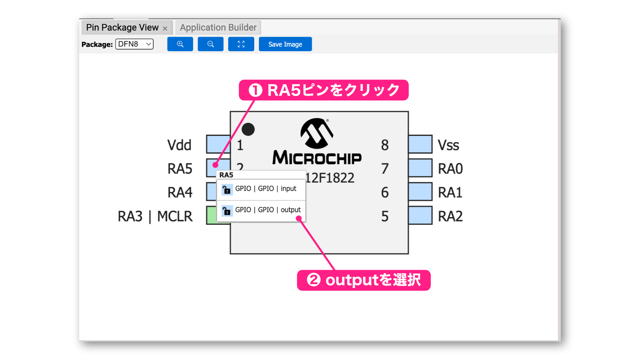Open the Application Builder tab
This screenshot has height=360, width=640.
218,28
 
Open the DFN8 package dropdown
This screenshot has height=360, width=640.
134,44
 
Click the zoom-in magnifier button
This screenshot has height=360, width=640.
180,44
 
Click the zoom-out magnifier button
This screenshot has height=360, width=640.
210,44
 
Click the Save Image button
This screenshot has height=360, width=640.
285,44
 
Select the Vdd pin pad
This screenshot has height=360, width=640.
218,144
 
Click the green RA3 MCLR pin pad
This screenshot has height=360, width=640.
211,215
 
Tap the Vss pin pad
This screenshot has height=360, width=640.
420,144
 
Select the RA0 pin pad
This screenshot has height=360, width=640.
420,168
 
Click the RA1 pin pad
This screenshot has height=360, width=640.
420,191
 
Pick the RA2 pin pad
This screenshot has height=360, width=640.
420,215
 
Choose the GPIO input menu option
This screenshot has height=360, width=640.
261,189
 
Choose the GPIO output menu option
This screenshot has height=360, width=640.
261,211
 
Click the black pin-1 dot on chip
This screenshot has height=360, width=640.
248,129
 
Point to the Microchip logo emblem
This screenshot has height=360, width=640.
316,134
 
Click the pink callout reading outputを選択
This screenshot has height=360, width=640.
364,280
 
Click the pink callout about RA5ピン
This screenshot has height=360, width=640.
324,90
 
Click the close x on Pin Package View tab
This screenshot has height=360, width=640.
165,28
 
